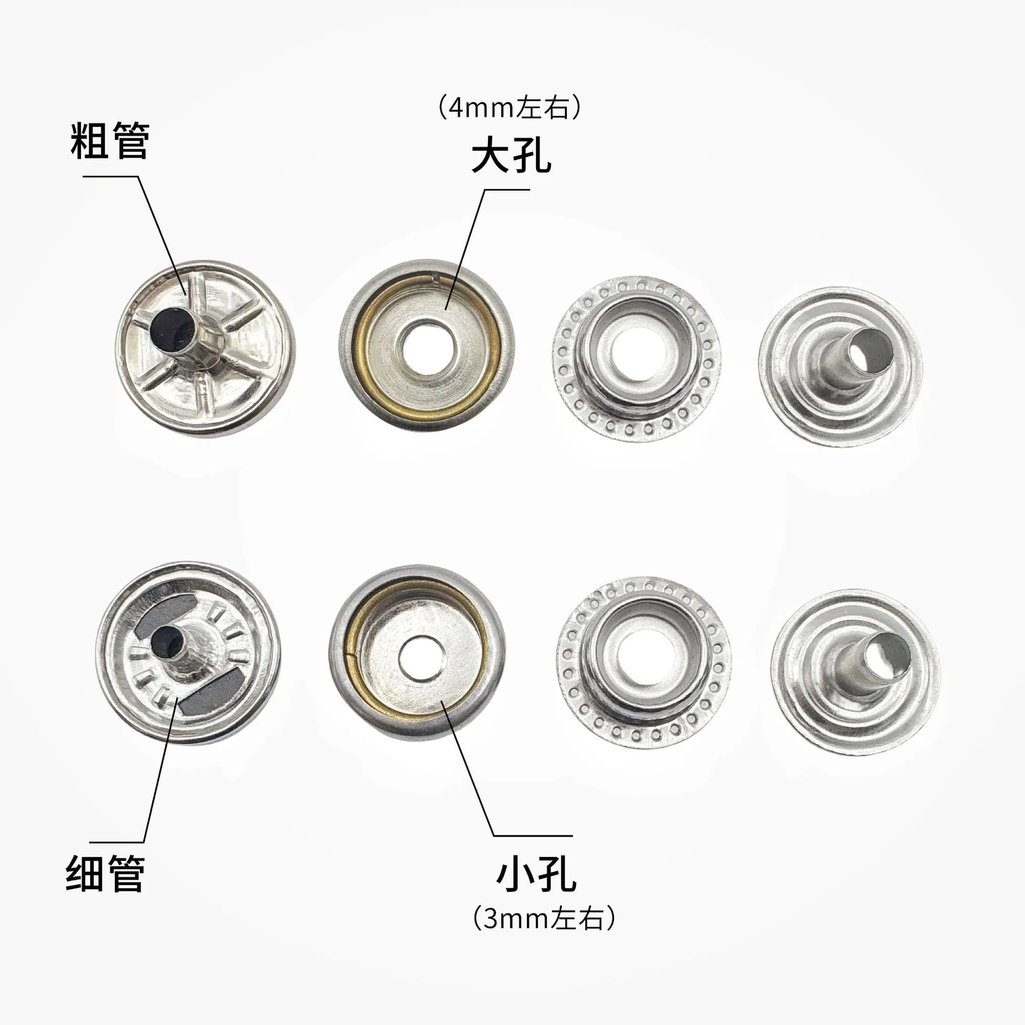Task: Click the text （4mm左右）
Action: pyautogui.click(x=509, y=108)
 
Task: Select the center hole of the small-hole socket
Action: pyautogui.click(x=420, y=656)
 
